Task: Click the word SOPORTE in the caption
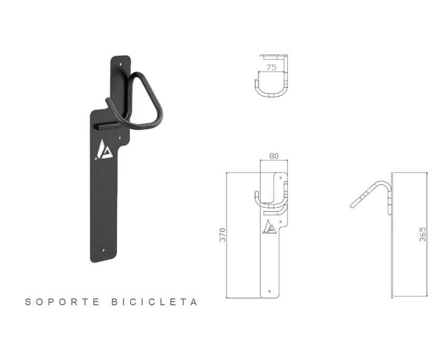[62, 302]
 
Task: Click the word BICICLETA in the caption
[154, 302]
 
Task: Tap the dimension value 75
[271, 67]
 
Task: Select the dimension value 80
[274, 156]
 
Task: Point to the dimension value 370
[222, 235]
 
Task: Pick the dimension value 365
[423, 234]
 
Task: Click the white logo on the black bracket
[104, 149]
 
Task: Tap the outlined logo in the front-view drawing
[269, 227]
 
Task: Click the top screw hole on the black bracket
[121, 65]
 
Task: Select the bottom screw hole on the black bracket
[104, 251]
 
